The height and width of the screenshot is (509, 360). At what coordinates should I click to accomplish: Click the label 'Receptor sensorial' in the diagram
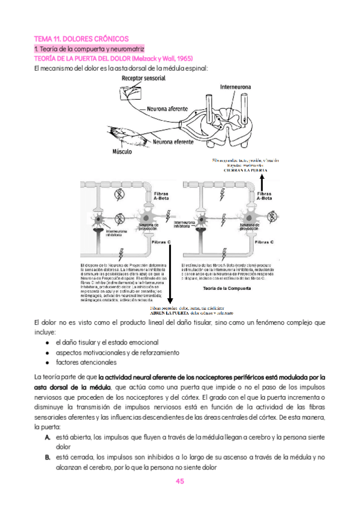coord(143,78)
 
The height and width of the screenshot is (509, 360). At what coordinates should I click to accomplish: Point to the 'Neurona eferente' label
coord(173,142)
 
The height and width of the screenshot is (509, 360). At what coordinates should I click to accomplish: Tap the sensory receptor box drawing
coord(128,92)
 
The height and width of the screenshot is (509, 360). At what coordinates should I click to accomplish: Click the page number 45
coord(179,481)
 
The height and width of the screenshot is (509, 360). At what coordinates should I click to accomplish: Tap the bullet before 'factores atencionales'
coord(47,363)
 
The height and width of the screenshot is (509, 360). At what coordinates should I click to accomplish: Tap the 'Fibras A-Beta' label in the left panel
coord(161,196)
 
